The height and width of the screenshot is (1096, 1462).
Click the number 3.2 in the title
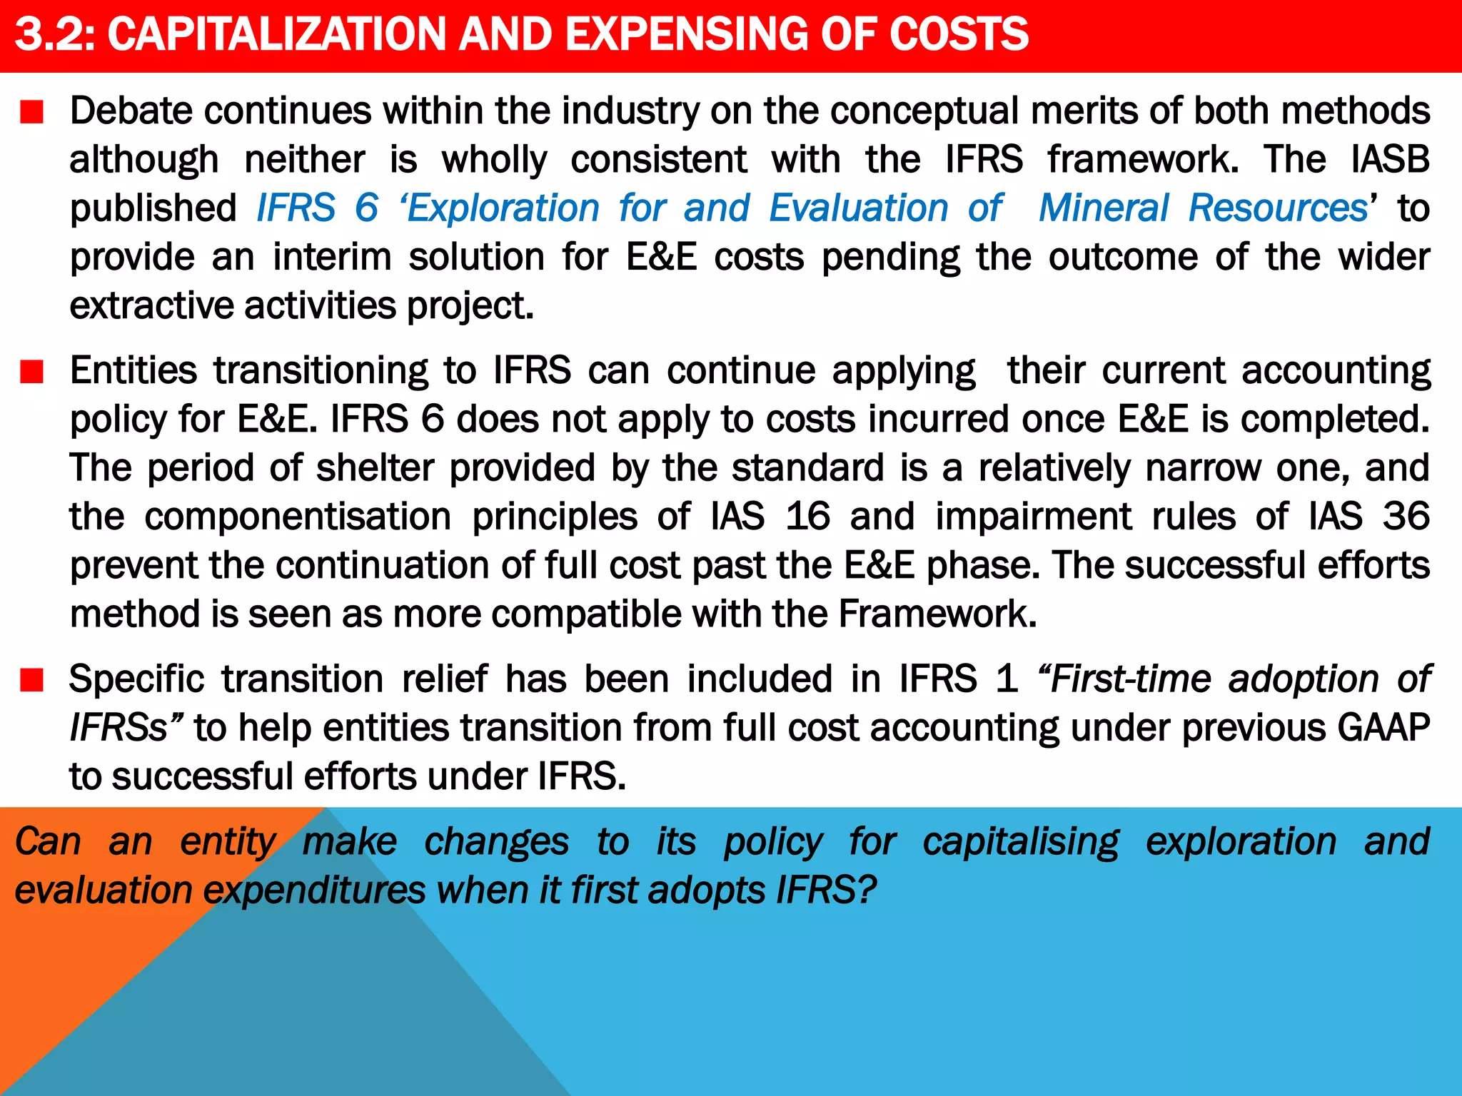54,34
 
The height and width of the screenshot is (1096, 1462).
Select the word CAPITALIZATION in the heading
277,34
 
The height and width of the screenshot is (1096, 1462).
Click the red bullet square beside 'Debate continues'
32,113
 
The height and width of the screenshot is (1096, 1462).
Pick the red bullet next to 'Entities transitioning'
32,372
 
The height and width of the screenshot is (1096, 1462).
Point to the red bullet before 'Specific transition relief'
32,680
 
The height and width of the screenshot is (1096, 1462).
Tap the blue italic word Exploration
503,208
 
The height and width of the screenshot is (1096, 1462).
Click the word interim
332,257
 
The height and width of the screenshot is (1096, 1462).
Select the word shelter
375,468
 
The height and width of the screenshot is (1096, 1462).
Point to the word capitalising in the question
1021,842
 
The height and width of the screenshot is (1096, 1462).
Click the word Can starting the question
48,842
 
